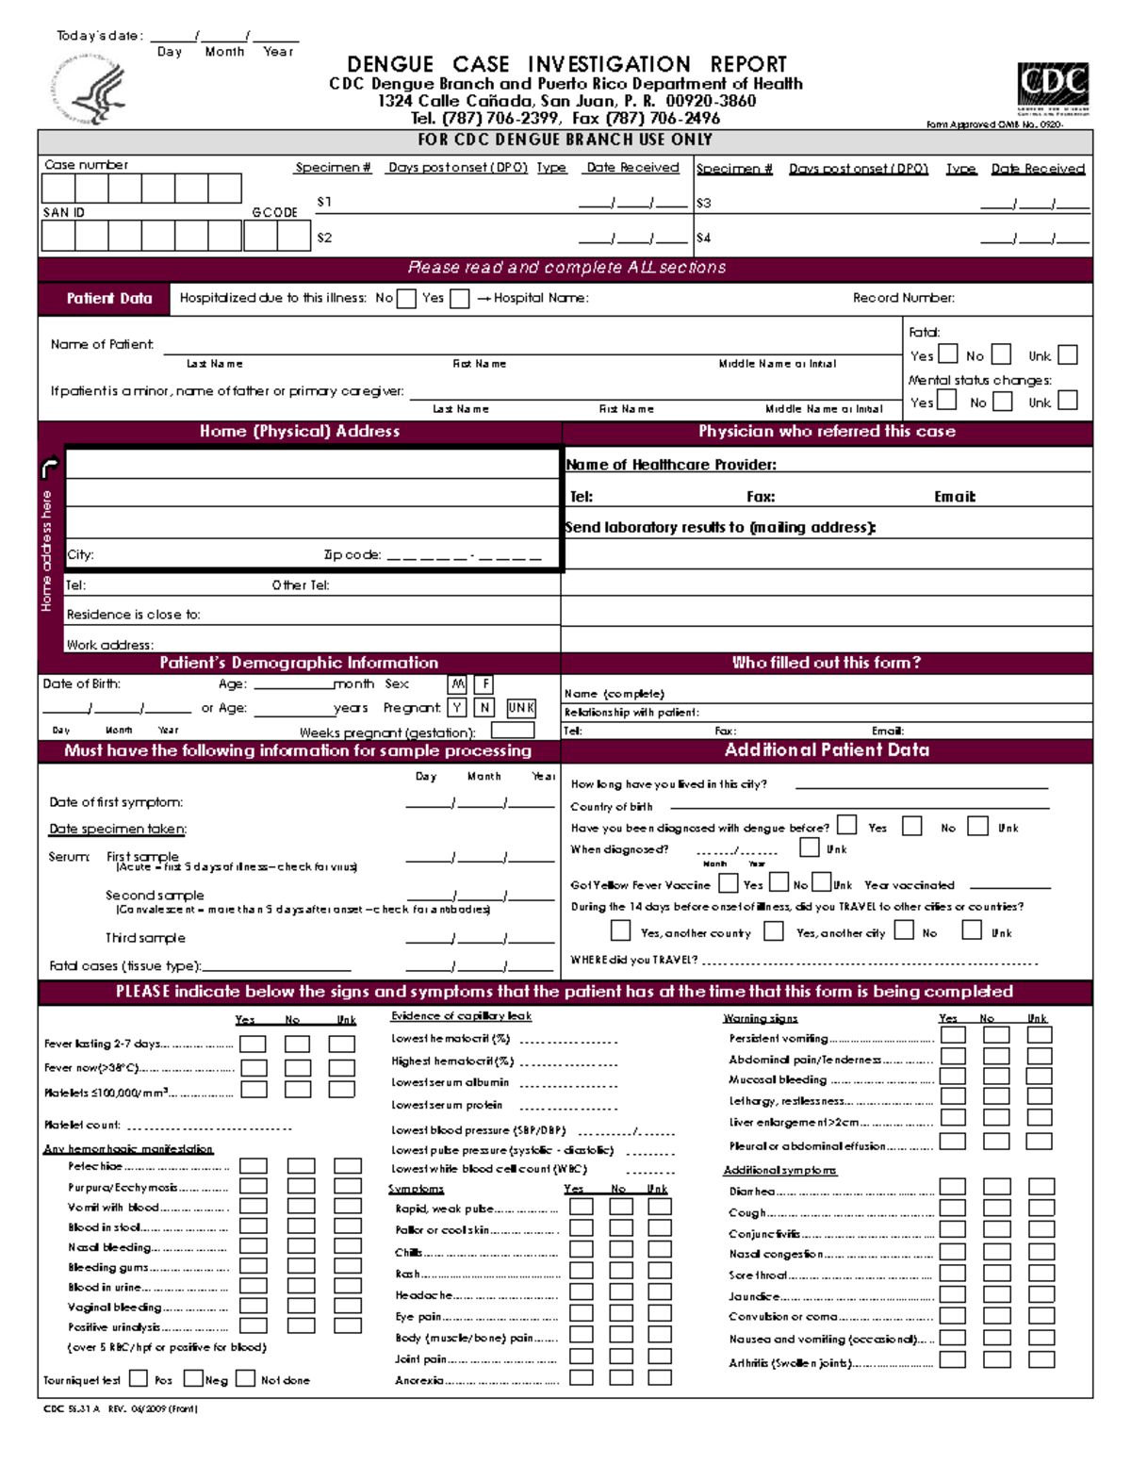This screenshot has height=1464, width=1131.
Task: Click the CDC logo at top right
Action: (1053, 88)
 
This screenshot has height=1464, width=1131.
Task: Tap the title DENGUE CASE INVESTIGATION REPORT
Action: (566, 64)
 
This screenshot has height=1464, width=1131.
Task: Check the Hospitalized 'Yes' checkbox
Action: (459, 299)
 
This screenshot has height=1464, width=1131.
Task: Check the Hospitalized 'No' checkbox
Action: (406, 299)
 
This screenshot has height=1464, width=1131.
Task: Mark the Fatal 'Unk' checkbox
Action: (1067, 355)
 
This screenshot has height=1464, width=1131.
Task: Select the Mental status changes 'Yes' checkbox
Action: (946, 402)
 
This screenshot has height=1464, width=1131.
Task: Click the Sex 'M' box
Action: (457, 684)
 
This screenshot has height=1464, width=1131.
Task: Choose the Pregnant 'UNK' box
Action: (520, 708)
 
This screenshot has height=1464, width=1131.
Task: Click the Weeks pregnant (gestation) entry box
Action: (512, 731)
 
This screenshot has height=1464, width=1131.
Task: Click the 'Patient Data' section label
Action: (108, 299)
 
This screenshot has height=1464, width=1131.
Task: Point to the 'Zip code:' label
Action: (352, 555)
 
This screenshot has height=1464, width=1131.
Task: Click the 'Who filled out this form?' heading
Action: (826, 663)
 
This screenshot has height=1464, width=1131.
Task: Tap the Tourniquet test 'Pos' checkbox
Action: (139, 1378)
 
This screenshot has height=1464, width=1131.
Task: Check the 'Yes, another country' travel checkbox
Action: (620, 931)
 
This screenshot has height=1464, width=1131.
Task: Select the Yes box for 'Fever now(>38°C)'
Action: (254, 1068)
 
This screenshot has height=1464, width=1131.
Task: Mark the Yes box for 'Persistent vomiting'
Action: (953, 1035)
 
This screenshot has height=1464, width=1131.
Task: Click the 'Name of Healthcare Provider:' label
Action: (670, 465)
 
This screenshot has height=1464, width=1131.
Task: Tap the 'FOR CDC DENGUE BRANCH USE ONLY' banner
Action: (565, 140)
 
